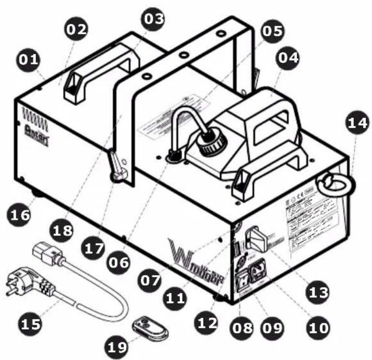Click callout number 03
pyautogui.click(x=153, y=19)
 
